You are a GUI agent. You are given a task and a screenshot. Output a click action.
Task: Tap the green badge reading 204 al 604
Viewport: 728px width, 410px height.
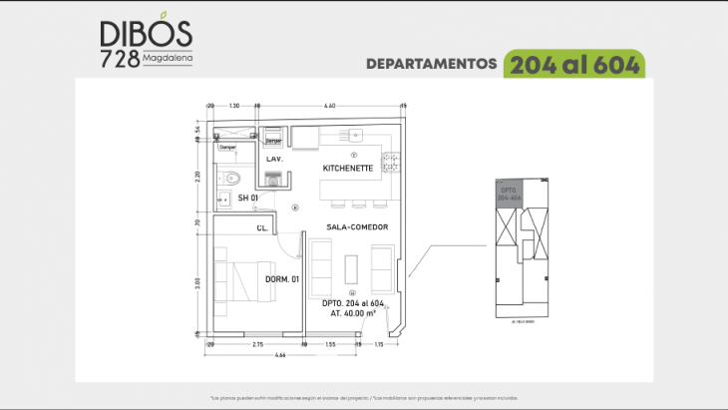pyautogui.click(x=574, y=63)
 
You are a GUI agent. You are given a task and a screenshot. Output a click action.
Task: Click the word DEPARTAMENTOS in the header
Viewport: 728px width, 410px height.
pyautogui.click(x=431, y=64)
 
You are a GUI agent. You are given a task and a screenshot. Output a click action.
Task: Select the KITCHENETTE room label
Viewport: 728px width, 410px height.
pyautogui.click(x=348, y=169)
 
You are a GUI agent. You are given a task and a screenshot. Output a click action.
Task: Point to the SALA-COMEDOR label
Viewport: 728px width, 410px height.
pyautogui.click(x=356, y=227)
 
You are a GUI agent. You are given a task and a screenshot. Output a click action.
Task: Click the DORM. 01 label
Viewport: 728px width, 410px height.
pyautogui.click(x=282, y=279)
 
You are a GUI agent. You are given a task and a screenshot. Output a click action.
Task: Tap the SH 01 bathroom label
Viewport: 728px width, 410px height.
pyautogui.click(x=247, y=199)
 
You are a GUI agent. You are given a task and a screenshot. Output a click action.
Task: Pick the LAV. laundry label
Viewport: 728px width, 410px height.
pyautogui.click(x=275, y=159)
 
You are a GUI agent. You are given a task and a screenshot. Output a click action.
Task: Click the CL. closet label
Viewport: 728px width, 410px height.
pyautogui.click(x=261, y=228)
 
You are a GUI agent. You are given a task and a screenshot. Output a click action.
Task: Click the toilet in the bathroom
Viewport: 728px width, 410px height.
pyautogui.click(x=230, y=179)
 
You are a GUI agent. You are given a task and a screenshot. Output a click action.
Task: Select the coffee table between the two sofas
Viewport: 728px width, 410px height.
pyautogui.click(x=351, y=267)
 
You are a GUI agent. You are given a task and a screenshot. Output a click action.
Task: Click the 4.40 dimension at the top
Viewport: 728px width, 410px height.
pyautogui.click(x=330, y=105)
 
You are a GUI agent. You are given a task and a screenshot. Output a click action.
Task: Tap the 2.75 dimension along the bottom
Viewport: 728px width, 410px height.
pyautogui.click(x=257, y=343)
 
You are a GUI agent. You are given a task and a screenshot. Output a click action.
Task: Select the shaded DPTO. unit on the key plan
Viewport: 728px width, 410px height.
pyautogui.click(x=509, y=195)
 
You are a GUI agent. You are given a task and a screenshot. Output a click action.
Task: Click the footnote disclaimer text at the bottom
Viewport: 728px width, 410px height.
pyautogui.click(x=364, y=396)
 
